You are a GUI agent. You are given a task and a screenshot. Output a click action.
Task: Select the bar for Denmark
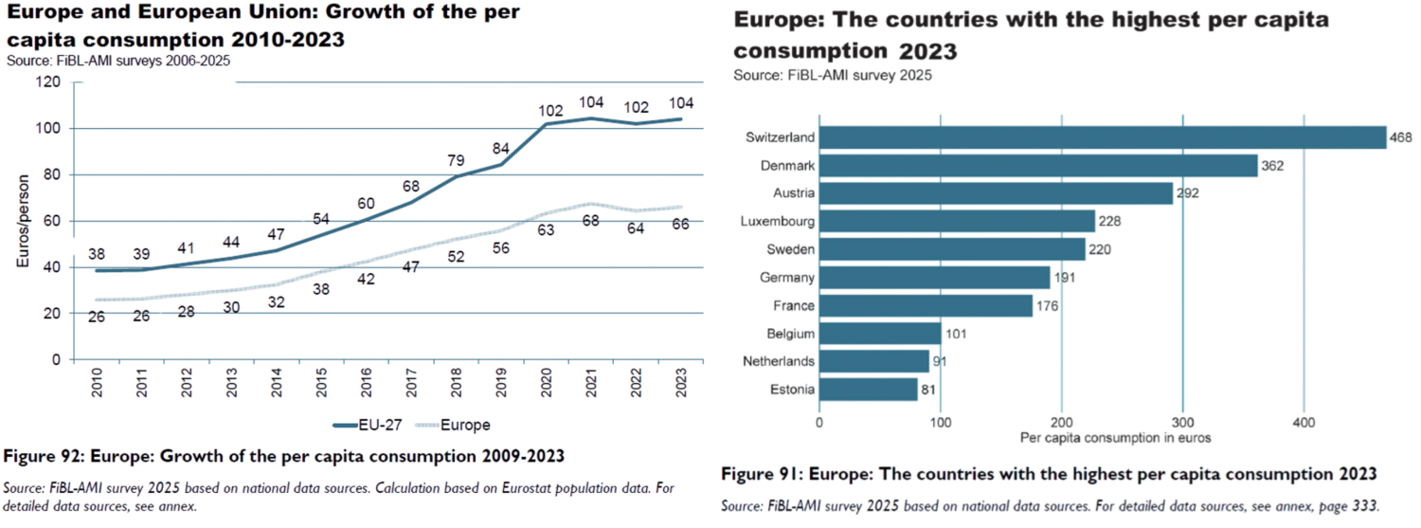click(1038, 166)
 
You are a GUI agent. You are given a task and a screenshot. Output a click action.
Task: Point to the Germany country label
click(786, 278)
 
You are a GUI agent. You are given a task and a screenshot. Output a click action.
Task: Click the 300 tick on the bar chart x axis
click(1183, 422)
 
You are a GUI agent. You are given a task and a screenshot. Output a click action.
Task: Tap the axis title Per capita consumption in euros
click(1115, 438)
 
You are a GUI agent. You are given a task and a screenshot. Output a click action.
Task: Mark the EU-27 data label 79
click(456, 158)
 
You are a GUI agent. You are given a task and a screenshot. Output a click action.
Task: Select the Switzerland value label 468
click(1401, 137)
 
